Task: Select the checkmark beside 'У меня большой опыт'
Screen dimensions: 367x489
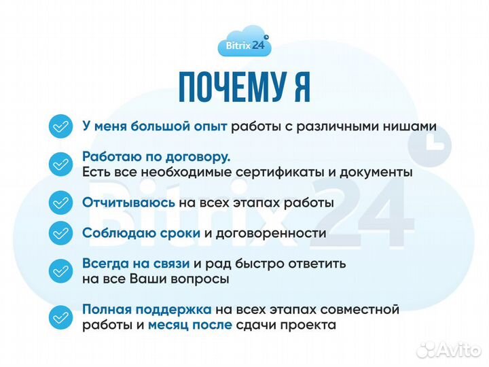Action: [x=60, y=127]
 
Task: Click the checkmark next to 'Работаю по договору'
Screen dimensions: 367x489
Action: [x=60, y=164]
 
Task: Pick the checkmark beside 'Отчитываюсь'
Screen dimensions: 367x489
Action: [x=60, y=203]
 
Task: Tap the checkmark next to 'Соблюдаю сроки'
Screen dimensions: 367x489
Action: [x=60, y=234]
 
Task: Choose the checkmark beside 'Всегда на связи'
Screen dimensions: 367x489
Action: [x=60, y=270]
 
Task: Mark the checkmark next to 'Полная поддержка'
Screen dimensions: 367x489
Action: [x=60, y=317]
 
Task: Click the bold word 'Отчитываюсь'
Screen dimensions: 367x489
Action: [x=129, y=203]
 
